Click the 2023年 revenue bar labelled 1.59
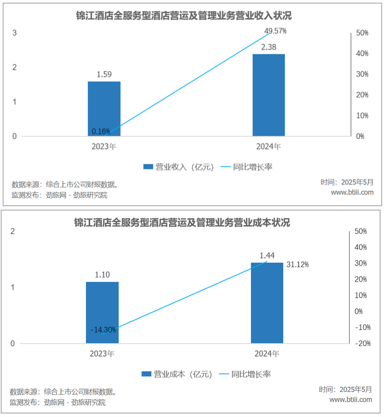[104, 109]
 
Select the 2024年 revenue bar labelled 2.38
[269, 95]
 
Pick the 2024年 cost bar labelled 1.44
[267, 303]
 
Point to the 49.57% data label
[275, 31]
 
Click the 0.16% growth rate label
[101, 132]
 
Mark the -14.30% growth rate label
[103, 330]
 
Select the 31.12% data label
[298, 264]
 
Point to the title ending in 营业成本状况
[182, 223]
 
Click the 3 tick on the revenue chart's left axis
[14, 33]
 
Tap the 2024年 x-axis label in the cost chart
[267, 354]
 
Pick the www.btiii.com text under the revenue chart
[352, 192]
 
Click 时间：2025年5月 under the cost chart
[345, 390]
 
